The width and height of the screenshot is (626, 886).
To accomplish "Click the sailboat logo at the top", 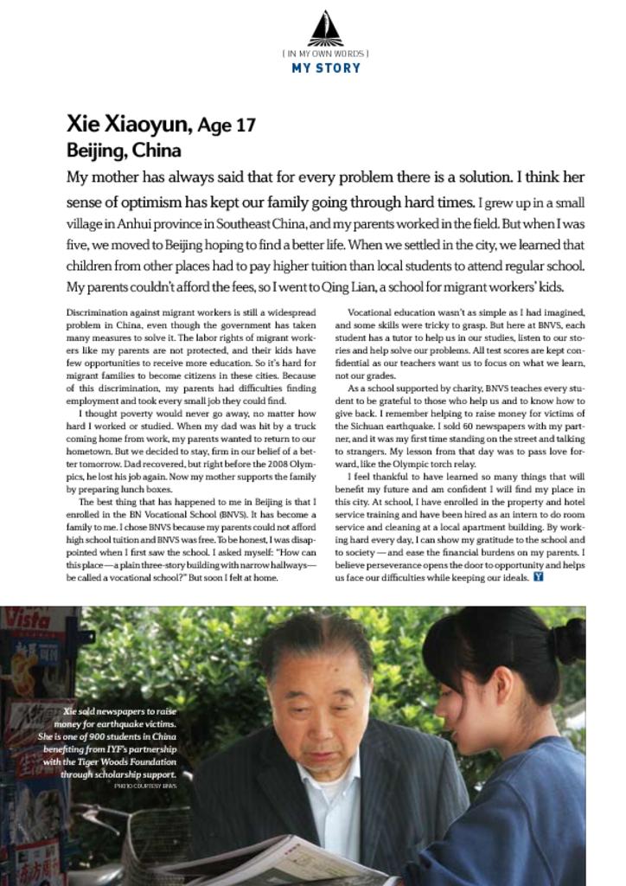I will (325, 29).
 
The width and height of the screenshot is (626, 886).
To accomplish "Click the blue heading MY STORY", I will (325, 67).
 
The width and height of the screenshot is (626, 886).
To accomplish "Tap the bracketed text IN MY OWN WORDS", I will (325, 54).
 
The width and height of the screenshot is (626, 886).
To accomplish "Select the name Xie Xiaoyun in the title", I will (128, 125).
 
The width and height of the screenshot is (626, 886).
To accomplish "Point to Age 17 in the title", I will (227, 125).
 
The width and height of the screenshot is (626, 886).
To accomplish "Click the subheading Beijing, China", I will (124, 151).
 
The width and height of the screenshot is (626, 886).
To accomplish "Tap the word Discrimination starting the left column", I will (97, 311).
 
